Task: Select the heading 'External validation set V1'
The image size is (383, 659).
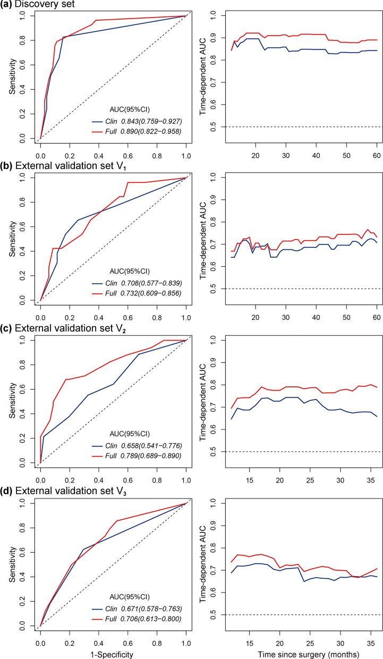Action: point(58,168)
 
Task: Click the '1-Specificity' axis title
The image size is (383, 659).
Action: point(113,652)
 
